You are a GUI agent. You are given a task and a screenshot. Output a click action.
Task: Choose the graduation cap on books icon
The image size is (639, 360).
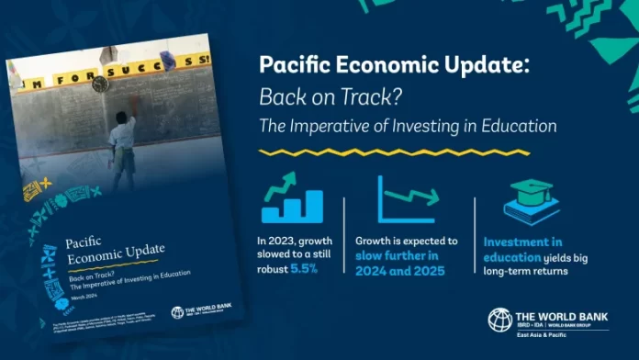click(530, 201)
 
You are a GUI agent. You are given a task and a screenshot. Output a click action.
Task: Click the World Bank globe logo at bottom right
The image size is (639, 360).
click(499, 320)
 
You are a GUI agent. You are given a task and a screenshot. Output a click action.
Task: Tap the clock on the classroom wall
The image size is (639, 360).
click(100, 84)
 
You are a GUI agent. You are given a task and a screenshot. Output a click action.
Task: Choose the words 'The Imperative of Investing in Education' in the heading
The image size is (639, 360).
click(408, 124)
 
